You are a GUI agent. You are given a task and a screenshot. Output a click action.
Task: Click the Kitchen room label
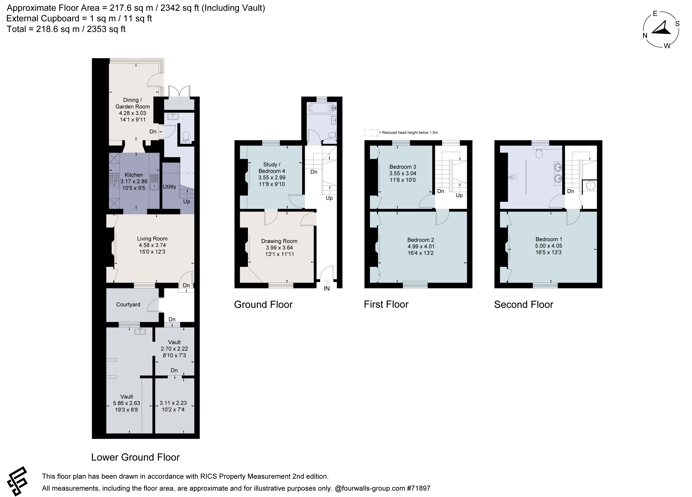click(x=134, y=175)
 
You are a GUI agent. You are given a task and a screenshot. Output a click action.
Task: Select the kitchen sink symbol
click(x=154, y=182)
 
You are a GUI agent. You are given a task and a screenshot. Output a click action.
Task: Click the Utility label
click(x=169, y=187)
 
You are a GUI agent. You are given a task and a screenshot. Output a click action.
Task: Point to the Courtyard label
click(x=128, y=305)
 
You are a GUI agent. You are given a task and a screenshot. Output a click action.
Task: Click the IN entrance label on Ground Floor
click(x=326, y=288)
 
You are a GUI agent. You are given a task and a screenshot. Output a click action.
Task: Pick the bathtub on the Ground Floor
click(x=322, y=108)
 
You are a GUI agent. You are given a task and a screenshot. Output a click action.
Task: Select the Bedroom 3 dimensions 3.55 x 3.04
click(x=403, y=173)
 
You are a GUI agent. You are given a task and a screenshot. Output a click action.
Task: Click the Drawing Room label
click(x=279, y=241)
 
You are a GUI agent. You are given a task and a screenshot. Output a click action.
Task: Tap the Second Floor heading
click(x=524, y=305)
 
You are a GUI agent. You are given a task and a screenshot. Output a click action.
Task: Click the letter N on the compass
click(x=645, y=35)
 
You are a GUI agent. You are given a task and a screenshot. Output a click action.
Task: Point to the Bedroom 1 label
click(x=548, y=239)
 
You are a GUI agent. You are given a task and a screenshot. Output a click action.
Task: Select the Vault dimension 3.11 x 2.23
click(x=173, y=403)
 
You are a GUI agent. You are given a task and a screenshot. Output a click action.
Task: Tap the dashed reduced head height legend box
click(x=371, y=133)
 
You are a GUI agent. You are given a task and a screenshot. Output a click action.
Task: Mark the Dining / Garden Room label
click(x=132, y=103)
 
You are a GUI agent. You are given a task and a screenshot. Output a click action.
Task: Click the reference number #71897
click(x=418, y=488)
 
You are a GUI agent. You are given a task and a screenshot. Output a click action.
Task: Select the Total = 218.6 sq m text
click(x=66, y=29)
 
